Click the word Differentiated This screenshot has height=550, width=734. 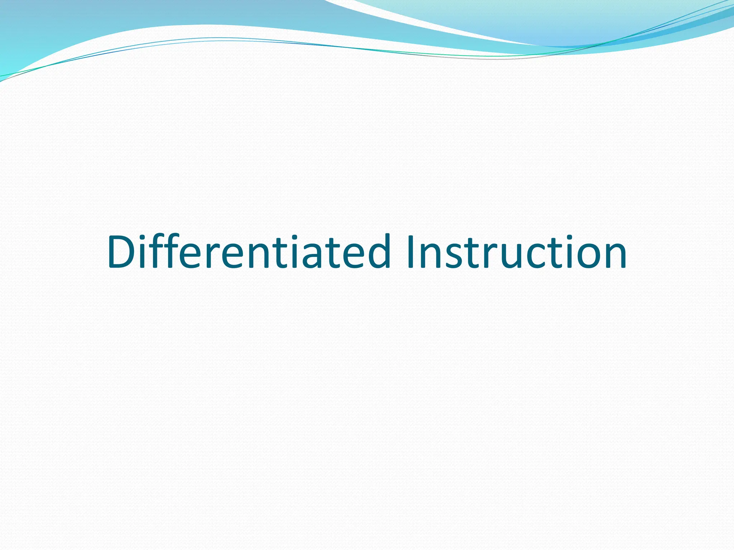[247, 252]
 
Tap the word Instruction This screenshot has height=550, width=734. [516, 252]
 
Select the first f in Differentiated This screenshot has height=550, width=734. [160, 252]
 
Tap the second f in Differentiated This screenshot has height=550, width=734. [176, 252]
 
